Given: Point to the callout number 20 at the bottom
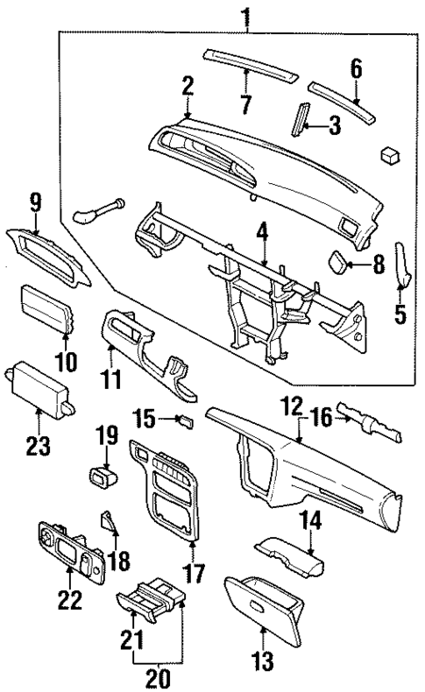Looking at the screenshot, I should pos(159,677).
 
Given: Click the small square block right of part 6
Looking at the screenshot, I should pos(390,153).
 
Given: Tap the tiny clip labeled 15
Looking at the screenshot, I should pos(185,421).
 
